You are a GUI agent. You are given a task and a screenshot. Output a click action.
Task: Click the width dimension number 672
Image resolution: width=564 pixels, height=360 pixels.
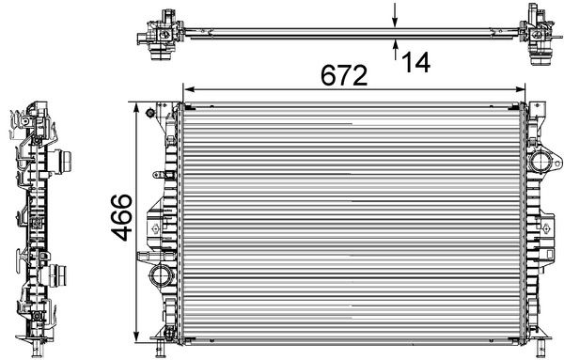[344, 75]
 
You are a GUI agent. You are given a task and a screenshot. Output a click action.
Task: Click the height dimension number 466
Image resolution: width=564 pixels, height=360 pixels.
[121, 217]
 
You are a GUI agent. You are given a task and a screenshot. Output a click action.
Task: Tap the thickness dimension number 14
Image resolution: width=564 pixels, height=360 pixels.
[415, 63]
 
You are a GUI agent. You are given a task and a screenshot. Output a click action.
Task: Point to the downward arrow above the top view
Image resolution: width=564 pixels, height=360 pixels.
[395, 15]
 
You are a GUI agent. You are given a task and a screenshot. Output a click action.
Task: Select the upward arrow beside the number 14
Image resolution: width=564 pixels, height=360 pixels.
[396, 50]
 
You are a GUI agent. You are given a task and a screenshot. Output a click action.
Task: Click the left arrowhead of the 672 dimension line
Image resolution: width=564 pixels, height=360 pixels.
[189, 89]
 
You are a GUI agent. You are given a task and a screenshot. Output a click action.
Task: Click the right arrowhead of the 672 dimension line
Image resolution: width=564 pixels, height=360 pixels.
[520, 89]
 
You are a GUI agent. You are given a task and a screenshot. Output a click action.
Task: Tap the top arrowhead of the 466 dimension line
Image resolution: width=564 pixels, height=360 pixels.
[136, 108]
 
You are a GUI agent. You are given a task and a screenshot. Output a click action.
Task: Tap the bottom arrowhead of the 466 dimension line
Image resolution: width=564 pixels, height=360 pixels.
[136, 336]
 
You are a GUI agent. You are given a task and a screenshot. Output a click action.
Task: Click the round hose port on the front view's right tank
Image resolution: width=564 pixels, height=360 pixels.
[540, 162]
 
